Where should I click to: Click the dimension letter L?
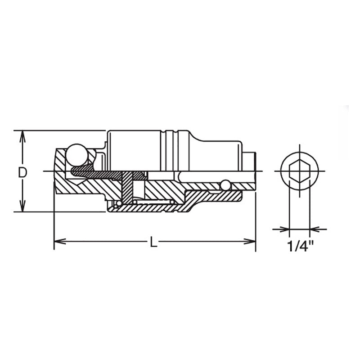pos(153,242)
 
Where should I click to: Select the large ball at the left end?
pos(76,154)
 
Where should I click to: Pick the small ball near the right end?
pos(225,184)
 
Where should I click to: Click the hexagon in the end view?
pos(299,171)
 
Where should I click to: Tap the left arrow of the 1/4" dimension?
pos(284,229)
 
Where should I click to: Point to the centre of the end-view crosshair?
pos(299,171)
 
